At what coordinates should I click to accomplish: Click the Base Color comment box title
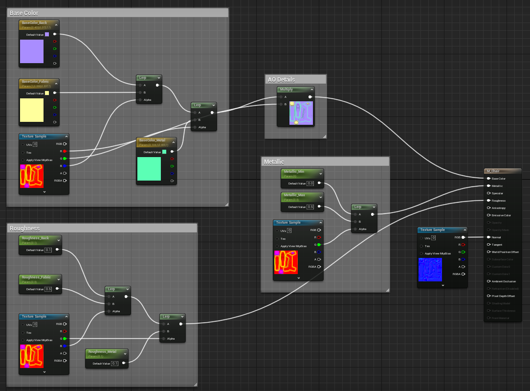(x=24, y=13)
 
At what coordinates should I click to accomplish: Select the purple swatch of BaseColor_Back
(x=32, y=51)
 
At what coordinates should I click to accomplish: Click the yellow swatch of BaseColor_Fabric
(x=32, y=110)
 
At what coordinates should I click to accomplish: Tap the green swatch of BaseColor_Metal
(x=149, y=169)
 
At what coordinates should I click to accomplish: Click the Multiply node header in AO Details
(x=287, y=90)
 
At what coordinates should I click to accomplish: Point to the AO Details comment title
(x=281, y=79)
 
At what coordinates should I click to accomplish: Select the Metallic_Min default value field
(x=310, y=184)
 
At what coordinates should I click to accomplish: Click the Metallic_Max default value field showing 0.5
(x=310, y=207)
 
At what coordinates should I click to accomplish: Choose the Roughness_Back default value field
(x=48, y=250)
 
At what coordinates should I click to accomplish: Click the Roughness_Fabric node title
(x=36, y=277)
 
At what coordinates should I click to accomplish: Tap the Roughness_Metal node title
(x=102, y=351)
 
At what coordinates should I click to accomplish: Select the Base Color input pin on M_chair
(x=488, y=179)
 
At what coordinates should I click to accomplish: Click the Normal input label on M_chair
(x=496, y=237)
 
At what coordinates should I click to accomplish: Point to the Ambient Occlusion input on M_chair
(x=503, y=281)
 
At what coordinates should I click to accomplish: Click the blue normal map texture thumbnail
(x=430, y=270)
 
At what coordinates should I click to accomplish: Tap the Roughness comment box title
(x=24, y=228)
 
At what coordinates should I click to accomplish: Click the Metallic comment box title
(x=274, y=161)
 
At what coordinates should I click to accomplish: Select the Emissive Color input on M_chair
(x=501, y=215)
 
